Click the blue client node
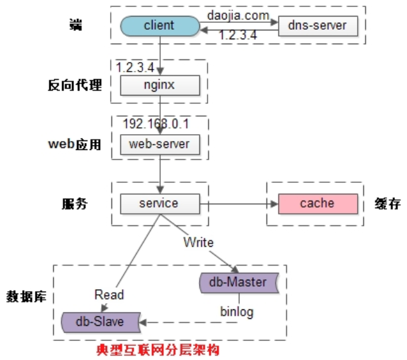coord(159,26)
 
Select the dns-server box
coord(318,26)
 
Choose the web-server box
coord(159,144)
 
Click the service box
coord(159,203)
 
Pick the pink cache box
coord(316,203)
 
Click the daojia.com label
coord(238,13)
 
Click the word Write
coord(198,242)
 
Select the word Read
coord(109,294)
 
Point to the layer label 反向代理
coord(75,85)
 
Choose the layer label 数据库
coord(29,296)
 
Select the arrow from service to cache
coord(237,204)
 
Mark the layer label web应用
coord(74,144)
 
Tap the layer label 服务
coord(74,204)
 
